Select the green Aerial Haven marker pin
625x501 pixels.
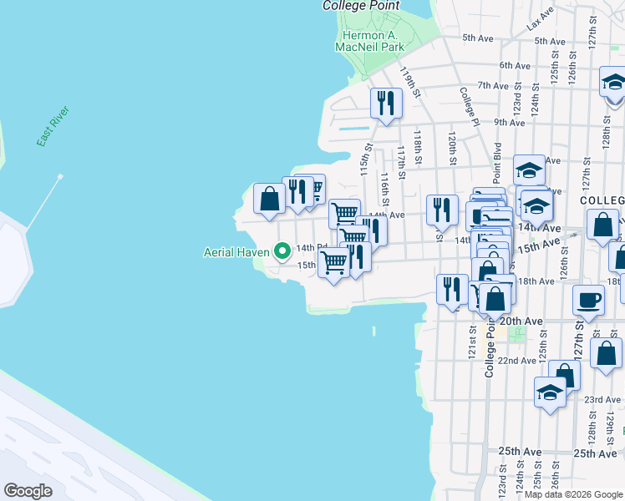point(282,250)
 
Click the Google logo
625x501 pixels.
point(28,490)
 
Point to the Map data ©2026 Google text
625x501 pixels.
point(572,494)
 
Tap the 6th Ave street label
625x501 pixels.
point(515,65)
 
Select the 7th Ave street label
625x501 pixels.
point(493,85)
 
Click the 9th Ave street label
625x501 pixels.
point(509,122)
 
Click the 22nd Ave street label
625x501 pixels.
point(516,361)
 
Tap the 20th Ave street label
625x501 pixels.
point(521,321)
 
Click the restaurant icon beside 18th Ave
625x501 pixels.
point(452,289)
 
